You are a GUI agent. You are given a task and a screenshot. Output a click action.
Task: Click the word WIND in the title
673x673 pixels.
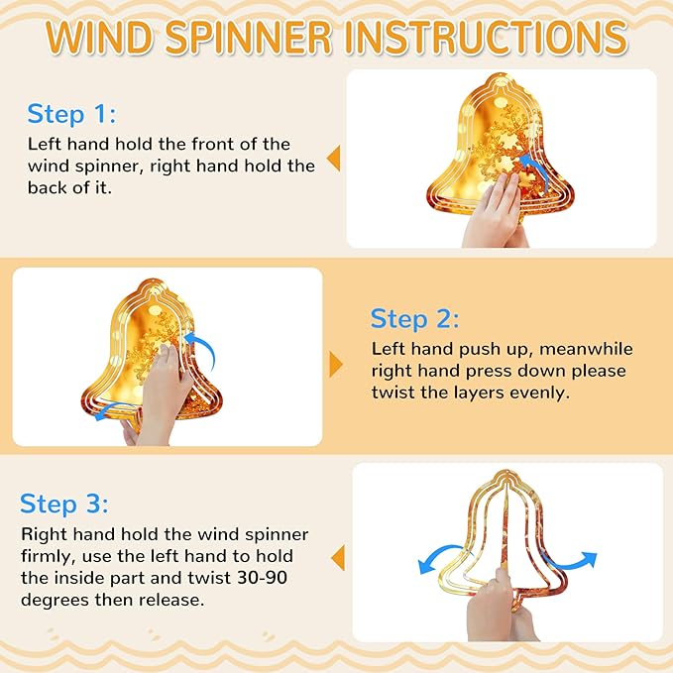point(99,37)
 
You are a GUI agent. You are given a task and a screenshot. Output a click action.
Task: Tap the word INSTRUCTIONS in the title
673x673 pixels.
point(487,37)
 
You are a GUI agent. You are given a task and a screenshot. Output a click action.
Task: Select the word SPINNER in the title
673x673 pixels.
point(249,37)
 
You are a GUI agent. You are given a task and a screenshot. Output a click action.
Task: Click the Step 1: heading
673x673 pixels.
point(71,115)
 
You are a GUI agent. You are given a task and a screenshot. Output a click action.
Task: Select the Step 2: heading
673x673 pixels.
point(414,319)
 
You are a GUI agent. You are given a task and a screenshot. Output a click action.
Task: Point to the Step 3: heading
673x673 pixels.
point(64,504)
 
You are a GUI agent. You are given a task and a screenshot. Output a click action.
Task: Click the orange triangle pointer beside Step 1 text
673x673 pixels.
point(333,158)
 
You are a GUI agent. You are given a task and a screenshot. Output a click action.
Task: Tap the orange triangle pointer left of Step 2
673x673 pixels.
point(336,365)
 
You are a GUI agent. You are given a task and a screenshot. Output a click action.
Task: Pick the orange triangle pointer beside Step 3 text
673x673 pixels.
point(338,558)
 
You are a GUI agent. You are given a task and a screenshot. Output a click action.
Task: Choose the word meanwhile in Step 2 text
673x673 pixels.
point(586,349)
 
